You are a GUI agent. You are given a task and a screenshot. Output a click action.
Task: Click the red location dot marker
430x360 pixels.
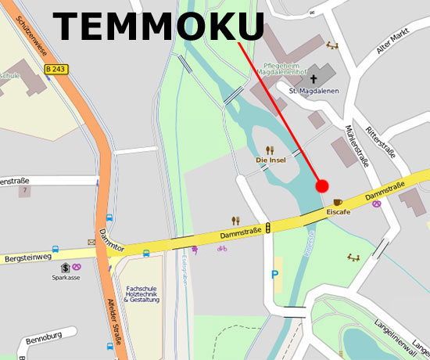321,185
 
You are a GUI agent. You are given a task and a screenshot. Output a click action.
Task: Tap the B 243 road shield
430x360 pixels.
56,69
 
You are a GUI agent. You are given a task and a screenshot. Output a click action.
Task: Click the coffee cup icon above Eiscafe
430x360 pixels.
338,202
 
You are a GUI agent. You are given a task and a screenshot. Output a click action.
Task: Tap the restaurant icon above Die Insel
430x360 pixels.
270,149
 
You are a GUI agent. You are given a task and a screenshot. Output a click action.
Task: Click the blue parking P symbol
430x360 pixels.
274,275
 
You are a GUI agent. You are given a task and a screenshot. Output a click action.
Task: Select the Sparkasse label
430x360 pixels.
66,277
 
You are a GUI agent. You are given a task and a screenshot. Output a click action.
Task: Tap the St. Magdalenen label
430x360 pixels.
311,92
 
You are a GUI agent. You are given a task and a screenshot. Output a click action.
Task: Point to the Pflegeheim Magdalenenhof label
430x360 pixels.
286,70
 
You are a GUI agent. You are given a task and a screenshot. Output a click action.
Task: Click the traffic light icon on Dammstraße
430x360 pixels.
269,228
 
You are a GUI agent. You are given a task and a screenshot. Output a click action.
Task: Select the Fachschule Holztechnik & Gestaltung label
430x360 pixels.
142,293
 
